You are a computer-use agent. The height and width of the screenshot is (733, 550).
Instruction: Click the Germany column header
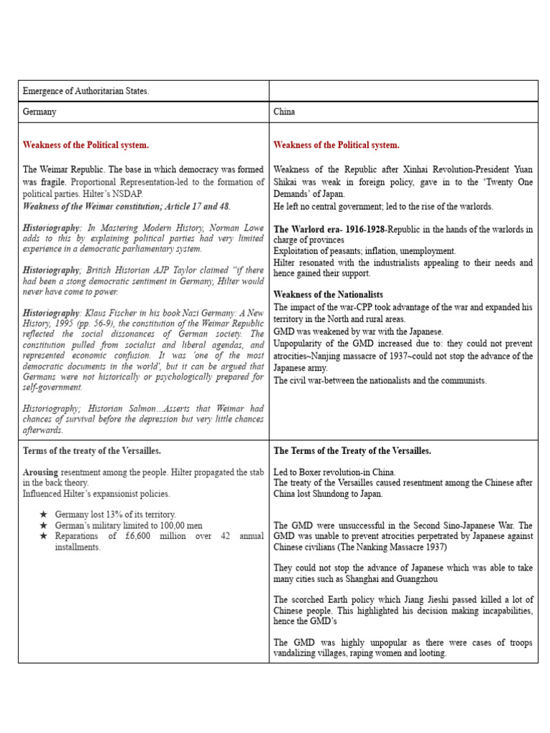click(x=40, y=112)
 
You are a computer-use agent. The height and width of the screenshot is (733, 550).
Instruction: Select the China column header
click(x=284, y=112)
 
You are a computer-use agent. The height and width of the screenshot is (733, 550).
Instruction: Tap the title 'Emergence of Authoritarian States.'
click(x=86, y=92)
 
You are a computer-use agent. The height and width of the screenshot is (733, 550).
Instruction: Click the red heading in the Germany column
click(x=86, y=145)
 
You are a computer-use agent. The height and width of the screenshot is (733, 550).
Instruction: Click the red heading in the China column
click(x=337, y=145)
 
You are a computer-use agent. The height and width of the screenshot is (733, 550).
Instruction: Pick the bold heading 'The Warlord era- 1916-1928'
click(x=329, y=229)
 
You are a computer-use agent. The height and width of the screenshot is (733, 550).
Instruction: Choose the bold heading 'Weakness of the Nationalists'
click(x=328, y=295)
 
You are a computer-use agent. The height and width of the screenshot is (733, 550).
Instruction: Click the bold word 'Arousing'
click(x=40, y=472)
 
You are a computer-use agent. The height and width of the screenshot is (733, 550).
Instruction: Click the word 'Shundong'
click(x=329, y=494)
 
